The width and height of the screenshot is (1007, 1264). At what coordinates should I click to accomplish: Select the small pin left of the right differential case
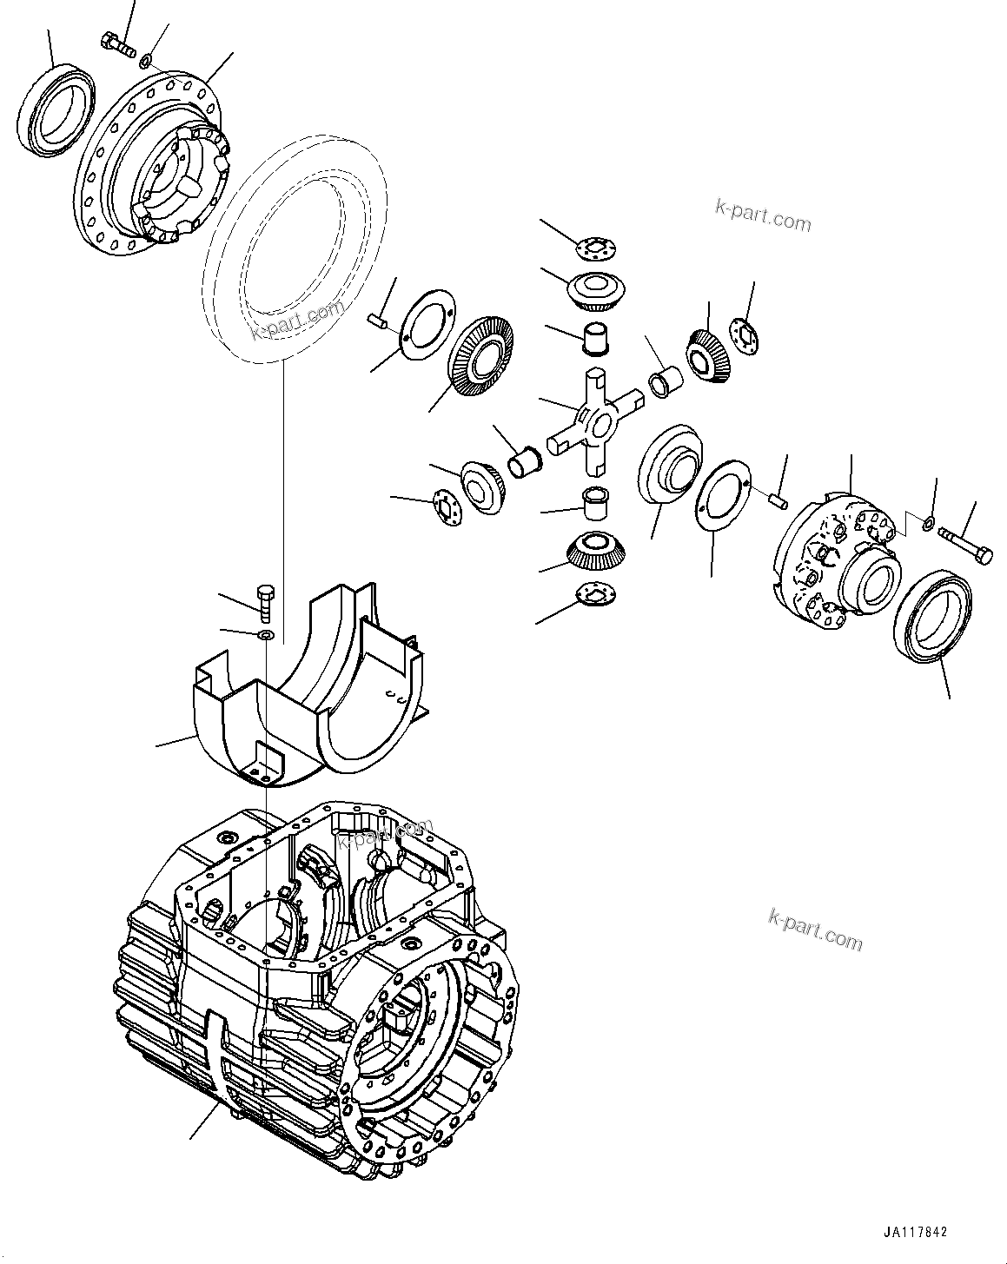[779, 499]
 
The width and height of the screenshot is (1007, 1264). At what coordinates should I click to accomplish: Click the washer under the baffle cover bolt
[266, 638]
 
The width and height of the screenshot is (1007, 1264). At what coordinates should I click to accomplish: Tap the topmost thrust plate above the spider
[600, 248]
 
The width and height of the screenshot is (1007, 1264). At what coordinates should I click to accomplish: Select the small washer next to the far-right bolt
[927, 524]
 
